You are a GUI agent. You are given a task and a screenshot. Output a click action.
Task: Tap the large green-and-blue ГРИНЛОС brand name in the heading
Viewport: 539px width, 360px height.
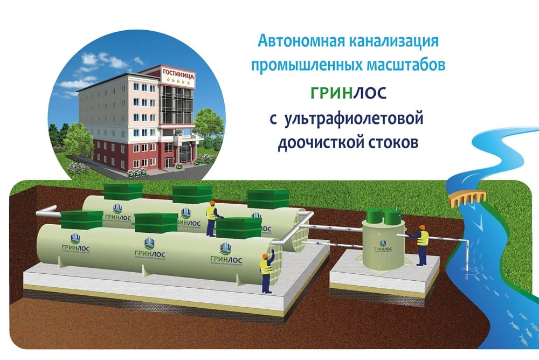coord(348,93)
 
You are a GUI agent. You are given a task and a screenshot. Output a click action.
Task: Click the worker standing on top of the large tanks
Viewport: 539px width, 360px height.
coord(211,216)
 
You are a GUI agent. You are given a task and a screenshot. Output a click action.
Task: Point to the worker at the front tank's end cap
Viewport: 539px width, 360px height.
coord(266,268)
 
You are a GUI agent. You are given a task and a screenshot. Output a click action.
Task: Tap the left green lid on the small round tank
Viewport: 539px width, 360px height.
coord(374,216)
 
